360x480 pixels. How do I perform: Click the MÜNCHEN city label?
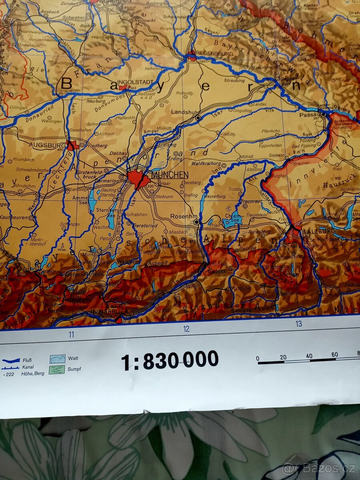pos(170,175)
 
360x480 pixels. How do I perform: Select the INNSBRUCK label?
pos(104,311)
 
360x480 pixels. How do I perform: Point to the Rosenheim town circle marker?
pos(196,222)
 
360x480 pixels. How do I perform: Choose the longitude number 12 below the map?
pos(186,329)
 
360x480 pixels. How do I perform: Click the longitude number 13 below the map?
pos(298,324)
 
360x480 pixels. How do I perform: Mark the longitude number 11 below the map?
pos(71,334)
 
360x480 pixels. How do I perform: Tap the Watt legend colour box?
pos(57,359)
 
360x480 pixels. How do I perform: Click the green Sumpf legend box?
pos(57,369)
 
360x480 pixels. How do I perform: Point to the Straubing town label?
pos(234,80)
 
